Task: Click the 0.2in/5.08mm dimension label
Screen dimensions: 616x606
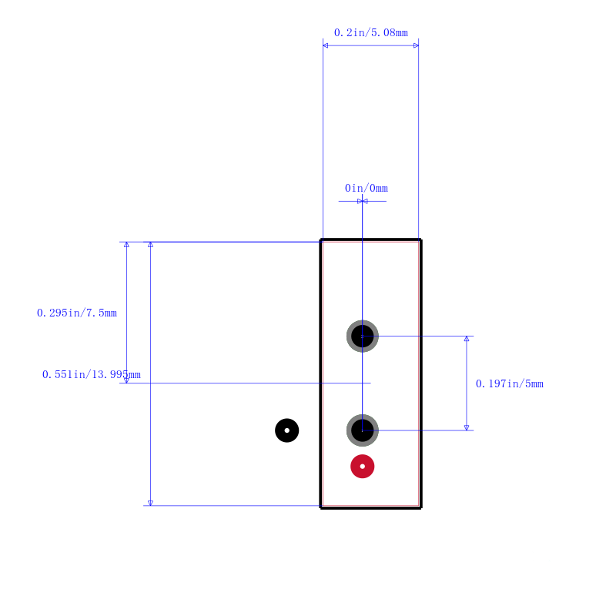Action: click(371, 32)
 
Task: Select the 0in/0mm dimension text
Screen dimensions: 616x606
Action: click(367, 189)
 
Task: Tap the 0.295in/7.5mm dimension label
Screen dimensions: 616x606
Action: click(77, 313)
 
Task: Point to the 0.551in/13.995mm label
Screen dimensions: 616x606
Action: click(91, 375)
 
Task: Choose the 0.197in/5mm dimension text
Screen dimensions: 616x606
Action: click(510, 383)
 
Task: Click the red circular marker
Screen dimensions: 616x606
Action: click(362, 467)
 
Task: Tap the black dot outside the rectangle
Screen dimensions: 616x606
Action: click(286, 430)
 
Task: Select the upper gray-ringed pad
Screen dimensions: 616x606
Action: click(362, 336)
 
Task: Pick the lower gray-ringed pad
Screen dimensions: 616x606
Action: click(362, 430)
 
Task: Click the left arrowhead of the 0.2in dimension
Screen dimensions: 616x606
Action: click(325, 45)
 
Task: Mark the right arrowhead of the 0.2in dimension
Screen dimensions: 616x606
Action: click(416, 45)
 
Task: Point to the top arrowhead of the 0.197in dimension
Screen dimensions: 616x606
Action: click(467, 339)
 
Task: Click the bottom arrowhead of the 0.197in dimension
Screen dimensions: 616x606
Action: click(467, 427)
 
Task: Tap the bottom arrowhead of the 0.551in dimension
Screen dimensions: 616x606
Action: click(150, 503)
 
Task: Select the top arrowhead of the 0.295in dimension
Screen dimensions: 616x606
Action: click(126, 244)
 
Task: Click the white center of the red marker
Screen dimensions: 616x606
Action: click(362, 467)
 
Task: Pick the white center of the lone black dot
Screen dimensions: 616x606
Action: click(286, 430)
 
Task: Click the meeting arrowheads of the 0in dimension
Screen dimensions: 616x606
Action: click(362, 202)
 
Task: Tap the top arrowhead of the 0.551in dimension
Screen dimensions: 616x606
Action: click(150, 244)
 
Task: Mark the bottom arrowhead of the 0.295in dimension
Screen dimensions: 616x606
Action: click(126, 380)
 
